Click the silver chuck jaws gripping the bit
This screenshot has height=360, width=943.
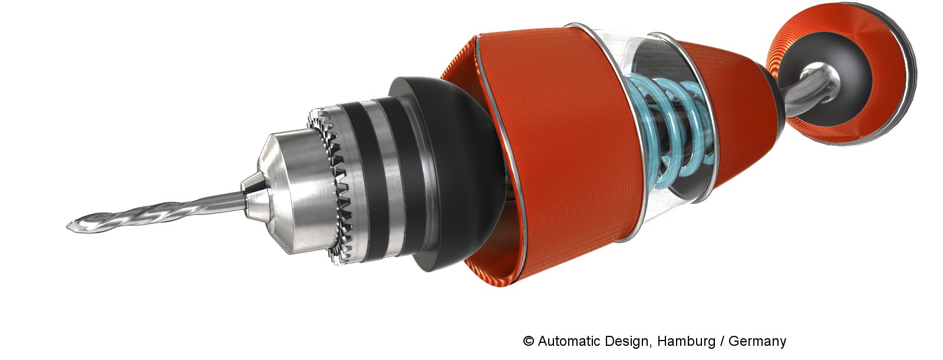[255, 194]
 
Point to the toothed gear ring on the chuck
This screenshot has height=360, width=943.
[332, 185]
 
